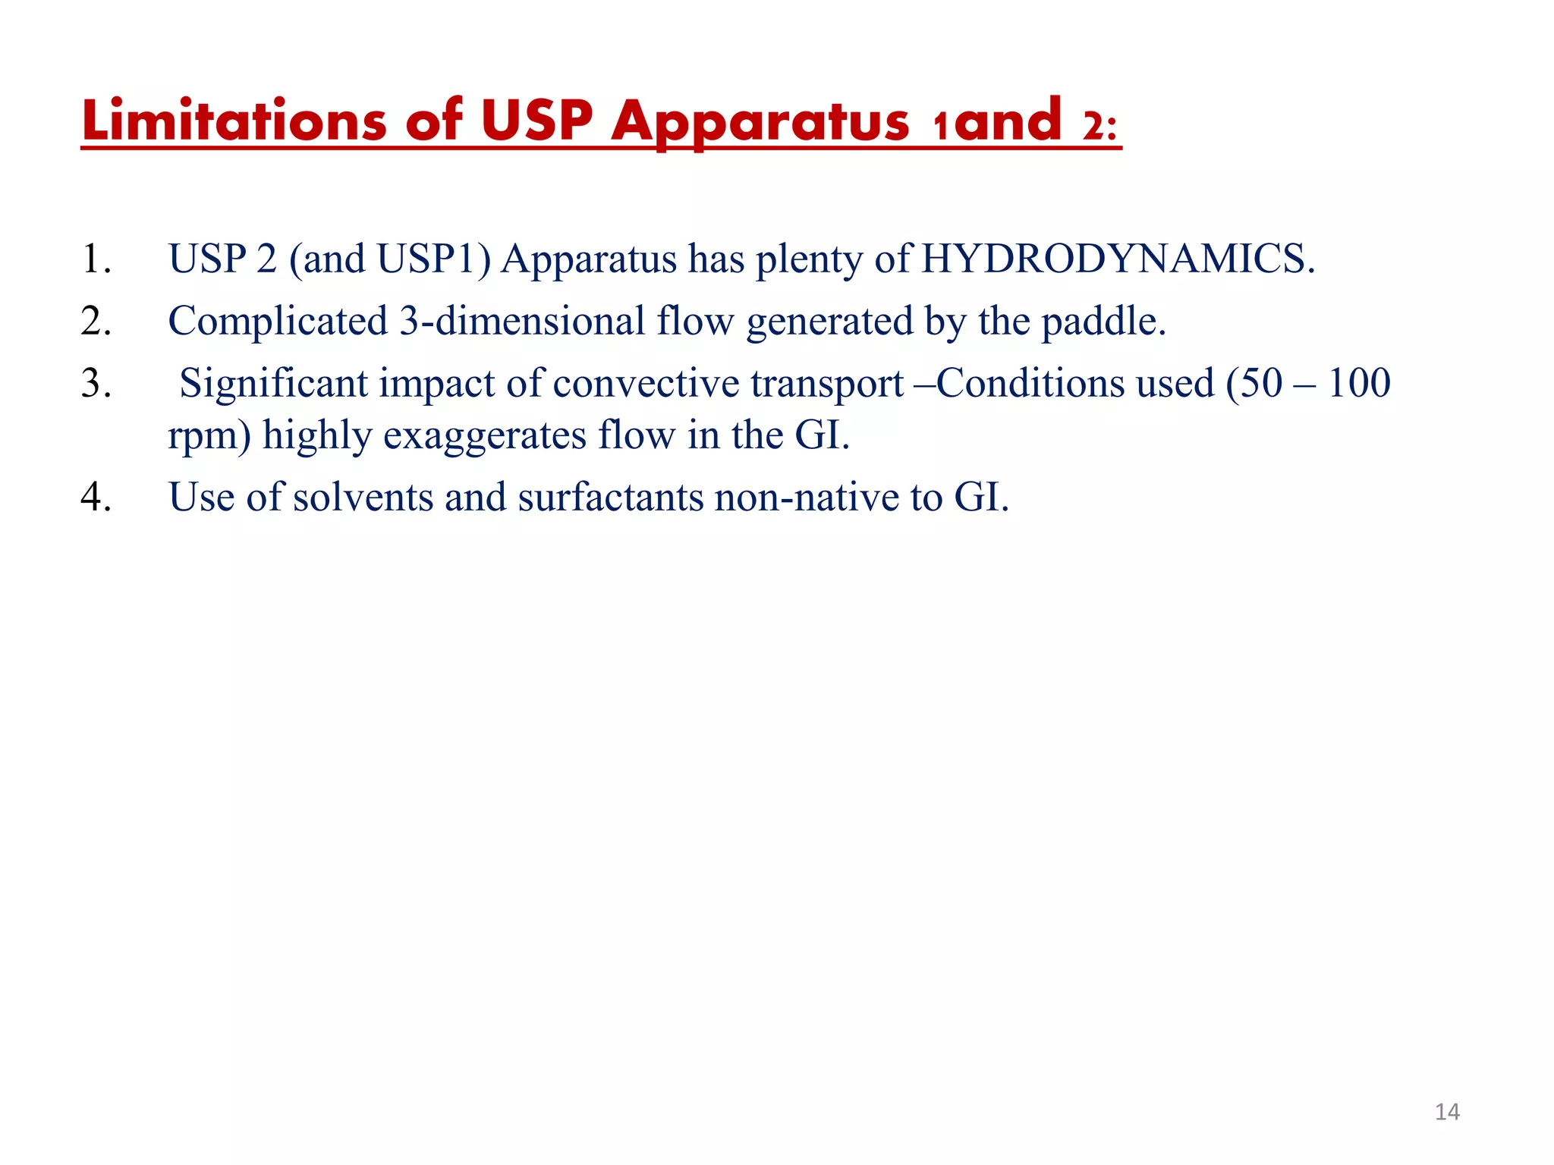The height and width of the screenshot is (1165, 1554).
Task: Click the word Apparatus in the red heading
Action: [760, 121]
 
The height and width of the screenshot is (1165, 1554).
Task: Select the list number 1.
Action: [96, 259]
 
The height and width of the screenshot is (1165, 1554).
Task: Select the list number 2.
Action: [96, 322]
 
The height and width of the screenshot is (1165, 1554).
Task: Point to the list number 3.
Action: [96, 384]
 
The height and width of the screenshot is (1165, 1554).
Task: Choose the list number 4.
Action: [96, 498]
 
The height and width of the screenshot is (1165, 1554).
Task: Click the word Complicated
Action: [278, 322]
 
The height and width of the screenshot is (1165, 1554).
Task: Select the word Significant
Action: [273, 384]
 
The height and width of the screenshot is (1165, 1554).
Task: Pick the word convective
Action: [646, 384]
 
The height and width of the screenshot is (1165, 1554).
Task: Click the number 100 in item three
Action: [1359, 383]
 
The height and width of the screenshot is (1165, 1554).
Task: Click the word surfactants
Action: [611, 498]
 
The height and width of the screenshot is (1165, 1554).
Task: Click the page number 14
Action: [1447, 1113]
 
